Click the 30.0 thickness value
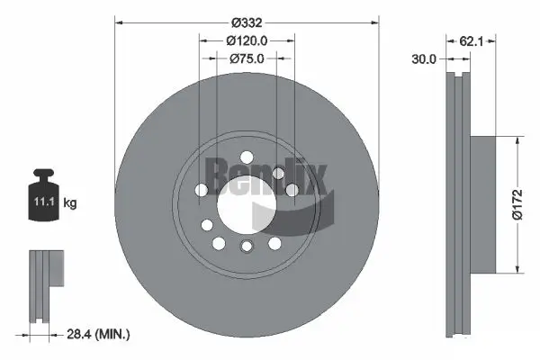click(x=424, y=59)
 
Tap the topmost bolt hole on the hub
click(x=279, y=173)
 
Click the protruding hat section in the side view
click(x=482, y=204)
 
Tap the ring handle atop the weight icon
click(x=42, y=174)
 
